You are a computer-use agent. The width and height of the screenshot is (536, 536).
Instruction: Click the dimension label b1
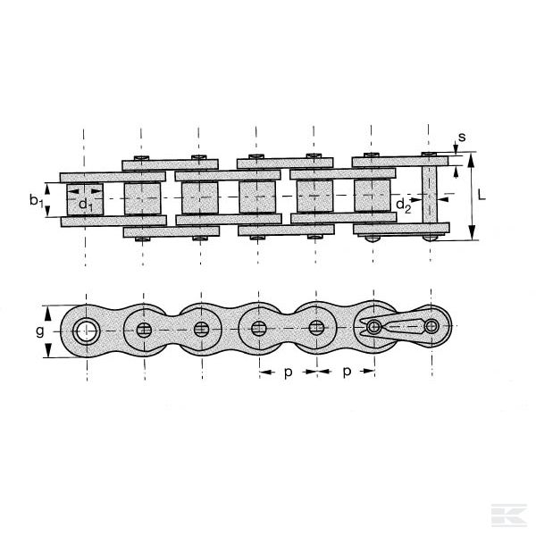37,202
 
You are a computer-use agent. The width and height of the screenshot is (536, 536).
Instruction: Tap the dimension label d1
84,205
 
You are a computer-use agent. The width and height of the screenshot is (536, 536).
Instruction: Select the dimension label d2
404,206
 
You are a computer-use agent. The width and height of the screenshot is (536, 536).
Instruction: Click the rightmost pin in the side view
431,327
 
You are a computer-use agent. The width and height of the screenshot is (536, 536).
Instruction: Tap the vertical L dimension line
471,197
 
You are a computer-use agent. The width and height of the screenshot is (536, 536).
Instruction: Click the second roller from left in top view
144,198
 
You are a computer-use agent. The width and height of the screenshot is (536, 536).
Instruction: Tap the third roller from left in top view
201,198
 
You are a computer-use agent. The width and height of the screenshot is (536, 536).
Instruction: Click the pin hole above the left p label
259,329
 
